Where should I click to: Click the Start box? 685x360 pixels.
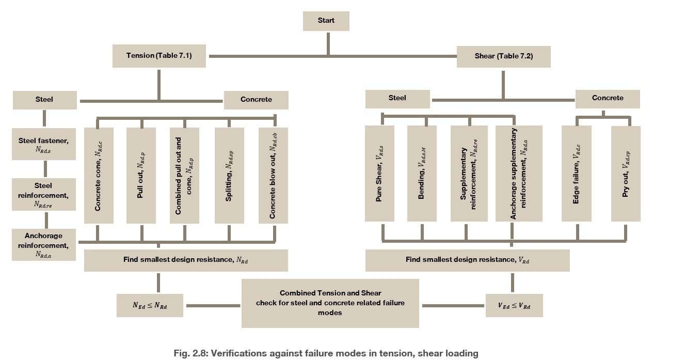pos(326,21)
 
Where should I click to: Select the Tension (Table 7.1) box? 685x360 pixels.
pos(159,56)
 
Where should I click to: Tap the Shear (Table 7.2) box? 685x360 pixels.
pos(503,56)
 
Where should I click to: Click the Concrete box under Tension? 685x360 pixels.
pos(256,100)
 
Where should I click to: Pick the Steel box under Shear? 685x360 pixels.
pos(397,99)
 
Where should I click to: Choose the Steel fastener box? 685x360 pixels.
pos(44,144)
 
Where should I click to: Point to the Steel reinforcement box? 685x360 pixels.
pos(44,194)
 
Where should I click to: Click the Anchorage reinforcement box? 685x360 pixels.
pos(44,245)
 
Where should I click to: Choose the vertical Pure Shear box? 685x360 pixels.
pos(379,174)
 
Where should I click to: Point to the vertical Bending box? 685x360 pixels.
pos(422,174)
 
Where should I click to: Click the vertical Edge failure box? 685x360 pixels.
pos(577,174)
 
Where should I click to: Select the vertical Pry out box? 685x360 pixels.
pos(626,174)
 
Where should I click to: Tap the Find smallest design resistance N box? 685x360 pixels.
pos(186,260)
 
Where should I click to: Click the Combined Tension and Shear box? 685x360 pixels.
pos(330,303)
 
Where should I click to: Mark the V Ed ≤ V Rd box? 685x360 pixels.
pos(514,306)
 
